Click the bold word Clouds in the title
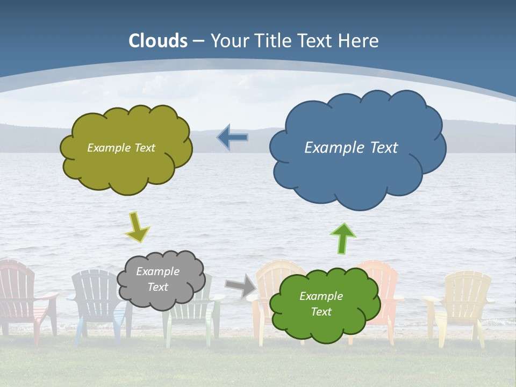tap(158, 41)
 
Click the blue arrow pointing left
tap(232, 138)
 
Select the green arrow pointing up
tap(342, 238)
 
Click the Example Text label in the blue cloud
tap(351, 148)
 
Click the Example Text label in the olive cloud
tap(121, 148)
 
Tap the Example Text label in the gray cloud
tap(157, 279)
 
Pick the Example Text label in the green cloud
tap(321, 304)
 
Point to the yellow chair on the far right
tap(462, 301)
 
